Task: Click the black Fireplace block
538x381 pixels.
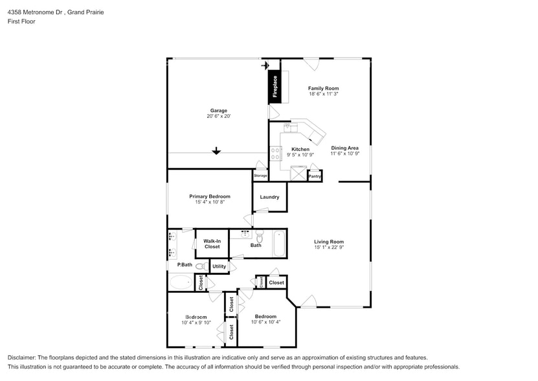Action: (x=275, y=86)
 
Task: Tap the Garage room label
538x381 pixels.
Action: (x=218, y=110)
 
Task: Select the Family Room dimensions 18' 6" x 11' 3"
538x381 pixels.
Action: (x=323, y=94)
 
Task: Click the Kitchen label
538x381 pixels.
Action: (x=300, y=149)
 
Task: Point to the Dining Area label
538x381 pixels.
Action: (x=344, y=148)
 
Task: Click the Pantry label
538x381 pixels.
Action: (x=315, y=176)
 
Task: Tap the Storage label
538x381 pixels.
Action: (x=260, y=176)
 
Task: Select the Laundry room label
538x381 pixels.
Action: (x=269, y=197)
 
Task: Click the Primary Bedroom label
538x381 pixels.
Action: (x=209, y=196)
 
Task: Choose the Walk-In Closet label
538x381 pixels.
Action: (x=212, y=244)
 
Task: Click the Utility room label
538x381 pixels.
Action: (x=219, y=266)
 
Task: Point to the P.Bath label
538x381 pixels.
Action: (x=185, y=265)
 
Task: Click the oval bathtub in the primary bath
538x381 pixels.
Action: (x=181, y=283)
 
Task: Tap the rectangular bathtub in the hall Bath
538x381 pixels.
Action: (x=279, y=243)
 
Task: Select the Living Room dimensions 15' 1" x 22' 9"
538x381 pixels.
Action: (x=328, y=248)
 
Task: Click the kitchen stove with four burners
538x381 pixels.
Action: (x=275, y=153)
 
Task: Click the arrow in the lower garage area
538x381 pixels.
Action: (x=216, y=151)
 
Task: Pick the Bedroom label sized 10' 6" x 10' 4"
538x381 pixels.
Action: (x=265, y=316)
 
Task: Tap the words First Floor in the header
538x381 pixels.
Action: (x=21, y=21)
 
